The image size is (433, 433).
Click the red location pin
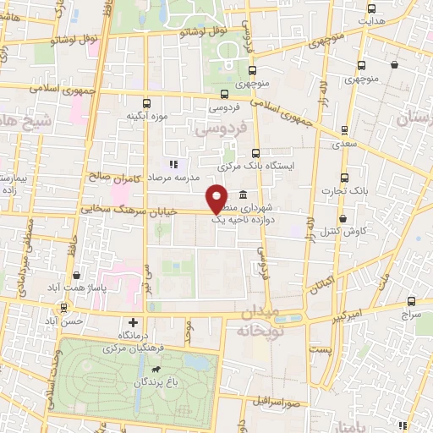click(217, 199)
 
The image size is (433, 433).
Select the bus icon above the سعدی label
click(343, 130)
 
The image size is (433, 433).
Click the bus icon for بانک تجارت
click(343, 178)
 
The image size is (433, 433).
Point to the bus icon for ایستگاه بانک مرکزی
click(256, 153)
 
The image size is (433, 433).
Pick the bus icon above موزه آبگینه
click(147, 102)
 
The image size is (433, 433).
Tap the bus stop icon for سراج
click(411, 300)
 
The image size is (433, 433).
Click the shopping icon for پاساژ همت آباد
click(77, 275)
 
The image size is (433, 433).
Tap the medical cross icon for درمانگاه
click(133, 322)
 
